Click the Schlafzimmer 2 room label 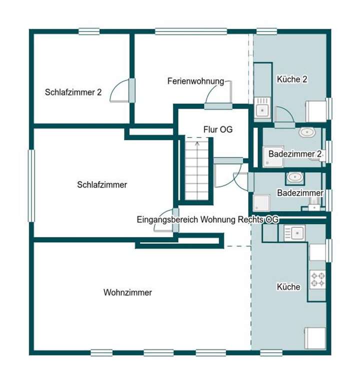[x=73, y=92]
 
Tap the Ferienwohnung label [x=195, y=80]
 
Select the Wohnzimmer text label [x=127, y=292]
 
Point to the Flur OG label [x=218, y=129]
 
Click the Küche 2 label [x=292, y=79]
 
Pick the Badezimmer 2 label [x=294, y=154]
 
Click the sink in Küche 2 [x=262, y=107]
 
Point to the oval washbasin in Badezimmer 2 [x=306, y=132]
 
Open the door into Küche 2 [x=284, y=116]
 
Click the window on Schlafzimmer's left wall [x=30, y=185]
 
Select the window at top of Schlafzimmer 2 [x=89, y=31]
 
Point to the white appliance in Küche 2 [x=316, y=109]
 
